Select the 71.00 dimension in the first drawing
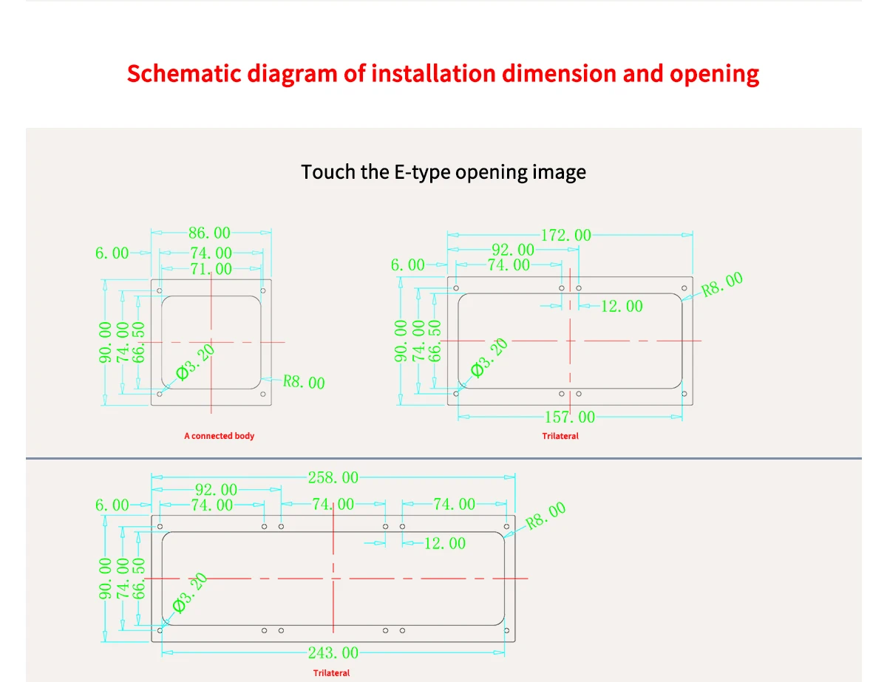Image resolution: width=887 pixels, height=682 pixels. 211,270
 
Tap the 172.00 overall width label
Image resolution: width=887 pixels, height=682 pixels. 566,236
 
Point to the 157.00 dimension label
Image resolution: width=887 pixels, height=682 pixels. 569,417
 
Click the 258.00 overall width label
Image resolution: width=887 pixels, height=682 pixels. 333,477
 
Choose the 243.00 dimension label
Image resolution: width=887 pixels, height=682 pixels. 333,653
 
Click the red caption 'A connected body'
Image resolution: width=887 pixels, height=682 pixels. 219,436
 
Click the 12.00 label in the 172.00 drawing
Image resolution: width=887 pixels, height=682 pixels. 622,306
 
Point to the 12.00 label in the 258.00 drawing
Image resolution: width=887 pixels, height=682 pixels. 445,544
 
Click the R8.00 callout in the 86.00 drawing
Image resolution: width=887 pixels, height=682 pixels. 304,383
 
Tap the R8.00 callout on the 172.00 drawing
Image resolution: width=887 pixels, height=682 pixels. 722,284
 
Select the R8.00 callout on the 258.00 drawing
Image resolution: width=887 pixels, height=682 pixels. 546,515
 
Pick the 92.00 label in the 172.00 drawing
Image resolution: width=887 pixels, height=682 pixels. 513,250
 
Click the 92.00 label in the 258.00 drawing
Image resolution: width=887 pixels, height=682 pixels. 217,490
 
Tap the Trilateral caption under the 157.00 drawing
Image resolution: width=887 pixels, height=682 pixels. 560,436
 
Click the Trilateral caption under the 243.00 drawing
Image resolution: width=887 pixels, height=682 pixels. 331,673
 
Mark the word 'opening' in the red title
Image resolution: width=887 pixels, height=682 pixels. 714,74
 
